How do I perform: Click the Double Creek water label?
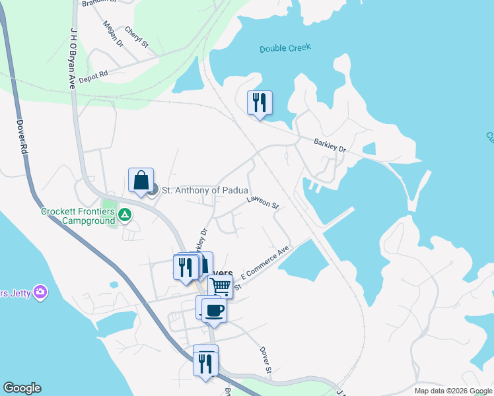285,48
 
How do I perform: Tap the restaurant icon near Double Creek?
260,102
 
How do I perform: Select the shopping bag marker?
141,180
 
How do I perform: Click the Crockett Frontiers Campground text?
79,216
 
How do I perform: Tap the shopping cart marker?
221,286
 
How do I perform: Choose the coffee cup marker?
214,310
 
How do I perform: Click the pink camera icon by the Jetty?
41,292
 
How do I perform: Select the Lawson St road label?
262,203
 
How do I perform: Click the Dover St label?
265,360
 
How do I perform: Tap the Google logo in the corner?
22,388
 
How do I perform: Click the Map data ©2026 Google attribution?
452,391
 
